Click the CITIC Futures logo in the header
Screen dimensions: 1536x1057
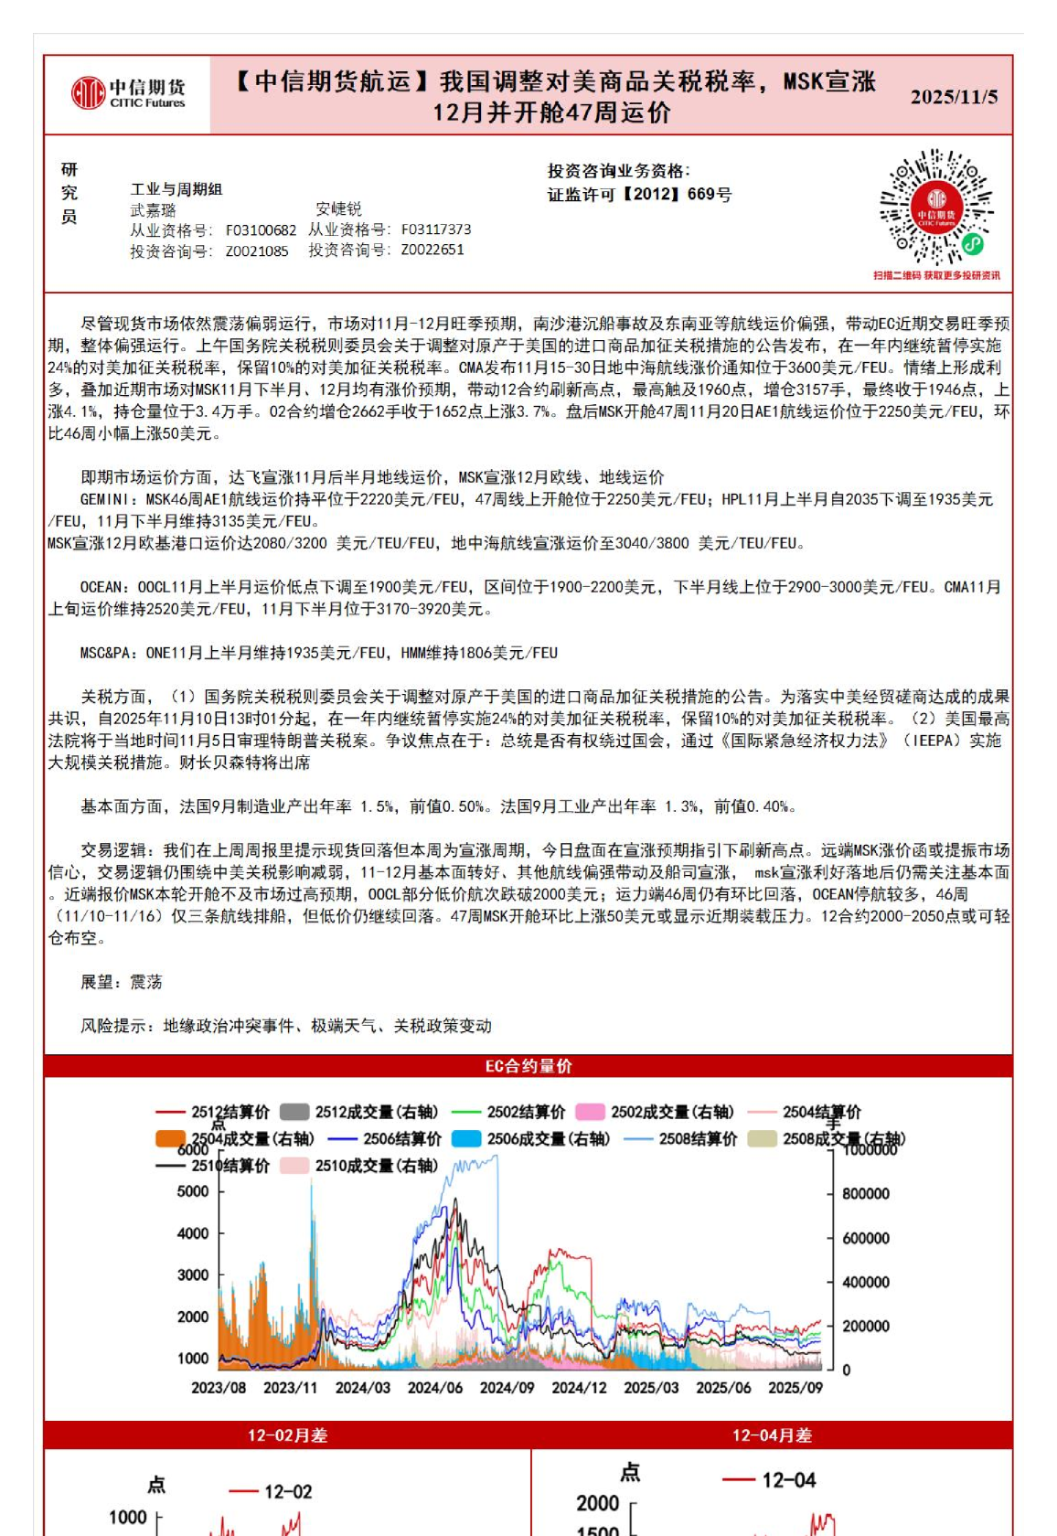(x=128, y=93)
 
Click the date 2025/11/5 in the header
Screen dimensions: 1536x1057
(x=954, y=97)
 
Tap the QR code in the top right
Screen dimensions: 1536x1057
(x=935, y=208)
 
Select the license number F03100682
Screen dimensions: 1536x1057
(x=261, y=230)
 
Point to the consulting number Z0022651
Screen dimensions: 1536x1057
(x=432, y=250)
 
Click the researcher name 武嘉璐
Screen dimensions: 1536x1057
(x=153, y=210)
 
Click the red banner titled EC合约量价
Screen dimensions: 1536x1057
(x=528, y=1066)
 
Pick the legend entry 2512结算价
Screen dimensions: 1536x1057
(x=230, y=1113)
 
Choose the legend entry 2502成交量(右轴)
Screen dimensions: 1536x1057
(x=671, y=1113)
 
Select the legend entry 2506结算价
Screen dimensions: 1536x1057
(x=401, y=1139)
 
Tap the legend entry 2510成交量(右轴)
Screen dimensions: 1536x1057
(x=376, y=1166)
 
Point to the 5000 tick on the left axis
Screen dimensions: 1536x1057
(x=193, y=1191)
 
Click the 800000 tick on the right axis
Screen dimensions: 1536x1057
(x=865, y=1194)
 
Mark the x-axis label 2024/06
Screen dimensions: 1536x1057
(x=435, y=1388)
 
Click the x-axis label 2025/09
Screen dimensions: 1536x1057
(x=795, y=1388)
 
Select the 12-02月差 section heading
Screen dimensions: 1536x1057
(x=287, y=1435)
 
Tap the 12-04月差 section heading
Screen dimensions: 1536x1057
(x=772, y=1435)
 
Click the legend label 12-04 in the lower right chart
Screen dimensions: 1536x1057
(x=788, y=1480)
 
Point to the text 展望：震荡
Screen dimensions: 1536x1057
(x=122, y=982)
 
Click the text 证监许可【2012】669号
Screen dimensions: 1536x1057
(x=639, y=195)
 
